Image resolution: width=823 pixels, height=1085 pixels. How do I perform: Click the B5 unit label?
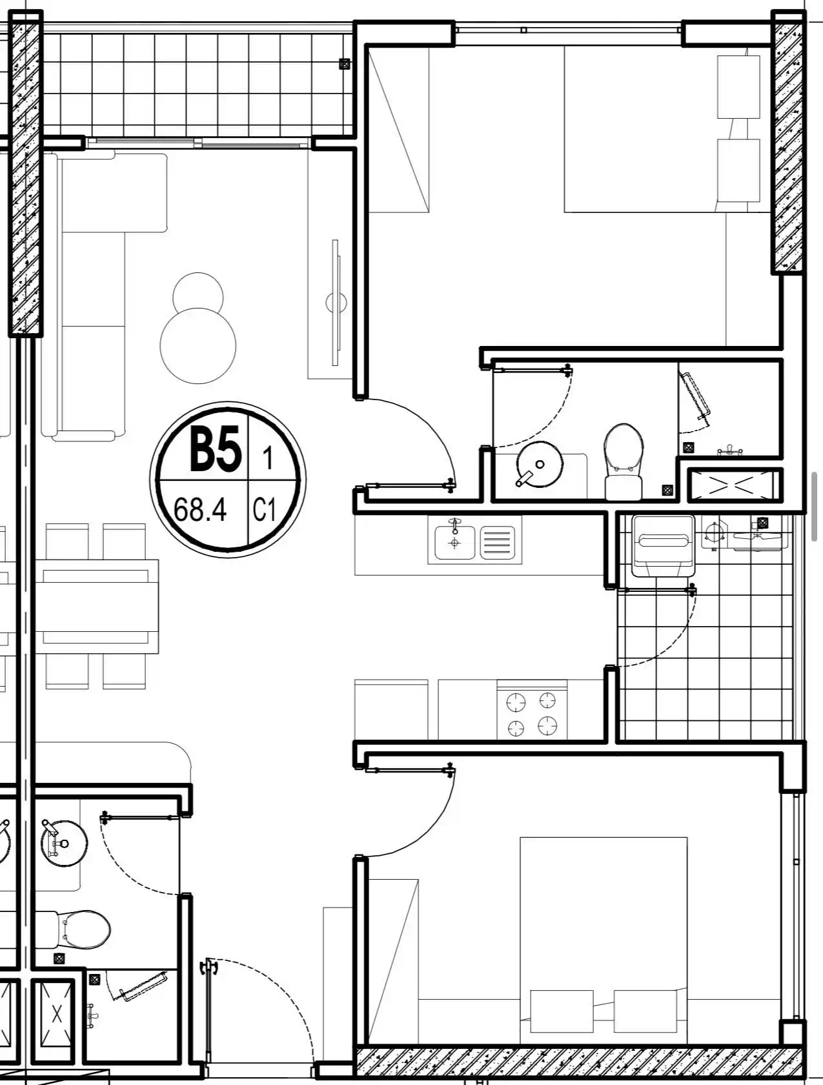(216, 449)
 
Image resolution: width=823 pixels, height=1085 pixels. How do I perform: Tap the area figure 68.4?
(200, 509)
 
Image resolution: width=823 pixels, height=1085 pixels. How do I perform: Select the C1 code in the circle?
(264, 510)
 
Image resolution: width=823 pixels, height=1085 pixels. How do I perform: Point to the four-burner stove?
(532, 713)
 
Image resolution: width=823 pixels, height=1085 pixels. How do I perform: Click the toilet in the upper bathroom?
(624, 461)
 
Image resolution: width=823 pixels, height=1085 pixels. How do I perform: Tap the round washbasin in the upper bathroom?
(539, 464)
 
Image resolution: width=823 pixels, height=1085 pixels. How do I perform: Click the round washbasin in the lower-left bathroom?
(64, 842)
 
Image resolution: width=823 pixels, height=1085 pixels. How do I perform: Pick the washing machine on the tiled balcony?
(663, 545)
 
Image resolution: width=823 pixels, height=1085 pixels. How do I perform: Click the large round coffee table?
(198, 345)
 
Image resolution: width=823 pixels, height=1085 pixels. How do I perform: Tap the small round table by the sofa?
(198, 294)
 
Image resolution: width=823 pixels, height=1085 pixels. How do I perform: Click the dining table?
(97, 606)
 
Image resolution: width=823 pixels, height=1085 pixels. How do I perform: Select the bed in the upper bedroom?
(668, 129)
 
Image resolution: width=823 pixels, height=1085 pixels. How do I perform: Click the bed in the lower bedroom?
(604, 940)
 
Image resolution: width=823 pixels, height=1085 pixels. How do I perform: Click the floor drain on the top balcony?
(345, 64)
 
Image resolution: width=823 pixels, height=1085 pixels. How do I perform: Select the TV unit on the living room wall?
(335, 303)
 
